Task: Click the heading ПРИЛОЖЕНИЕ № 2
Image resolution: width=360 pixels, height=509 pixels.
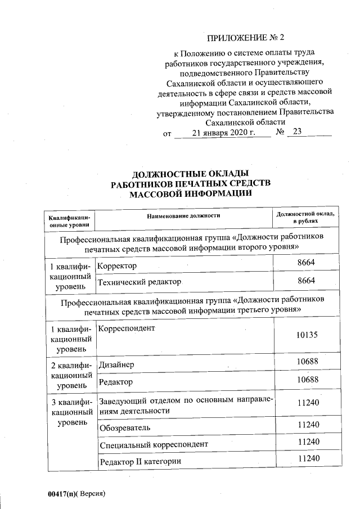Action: click(246, 38)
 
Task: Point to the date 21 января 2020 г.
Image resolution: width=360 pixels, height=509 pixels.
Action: click(223, 133)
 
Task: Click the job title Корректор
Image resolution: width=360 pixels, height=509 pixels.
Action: click(118, 265)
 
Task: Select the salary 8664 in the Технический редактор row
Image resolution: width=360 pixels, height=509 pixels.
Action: click(307, 281)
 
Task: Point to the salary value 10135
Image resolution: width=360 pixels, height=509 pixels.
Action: click(307, 335)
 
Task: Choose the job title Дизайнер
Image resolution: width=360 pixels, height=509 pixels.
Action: click(117, 365)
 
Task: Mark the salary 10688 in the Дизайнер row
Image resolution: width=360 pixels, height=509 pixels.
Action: click(307, 364)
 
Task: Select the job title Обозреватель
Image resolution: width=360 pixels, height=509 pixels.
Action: click(125, 428)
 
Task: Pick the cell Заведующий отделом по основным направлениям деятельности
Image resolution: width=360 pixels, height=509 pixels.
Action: click(186, 406)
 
